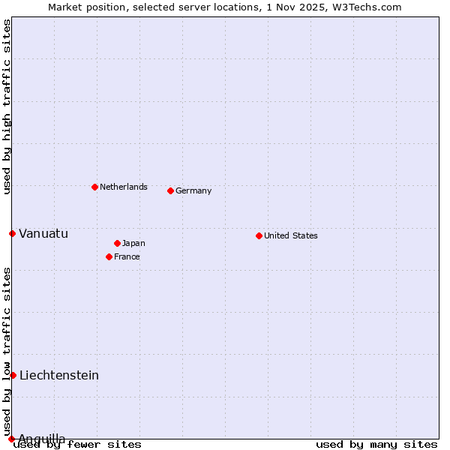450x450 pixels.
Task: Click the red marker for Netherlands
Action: click(94, 187)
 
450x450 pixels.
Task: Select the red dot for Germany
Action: click(170, 190)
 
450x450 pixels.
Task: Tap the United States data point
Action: click(259, 235)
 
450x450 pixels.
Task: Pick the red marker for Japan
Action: click(117, 243)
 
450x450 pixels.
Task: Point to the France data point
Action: click(109, 256)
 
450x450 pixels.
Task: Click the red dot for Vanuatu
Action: click(12, 233)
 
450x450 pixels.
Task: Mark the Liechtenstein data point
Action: click(13, 375)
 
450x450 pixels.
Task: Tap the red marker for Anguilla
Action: click(11, 439)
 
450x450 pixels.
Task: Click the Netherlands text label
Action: click(124, 187)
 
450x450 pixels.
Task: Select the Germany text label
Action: click(193, 190)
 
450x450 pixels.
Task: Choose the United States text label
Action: click(291, 235)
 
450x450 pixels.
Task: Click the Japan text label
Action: click(133, 243)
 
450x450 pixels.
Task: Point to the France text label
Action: click(127, 256)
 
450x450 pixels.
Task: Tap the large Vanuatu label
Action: click(43, 233)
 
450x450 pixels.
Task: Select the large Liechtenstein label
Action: click(59, 375)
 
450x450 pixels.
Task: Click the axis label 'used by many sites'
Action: click(376, 444)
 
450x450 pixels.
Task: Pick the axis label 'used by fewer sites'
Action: click(77, 444)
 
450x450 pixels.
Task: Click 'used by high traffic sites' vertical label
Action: click(7, 106)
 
